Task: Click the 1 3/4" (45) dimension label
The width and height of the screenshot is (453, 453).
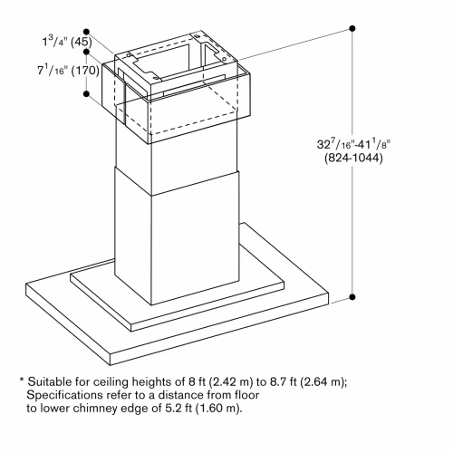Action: coord(67,41)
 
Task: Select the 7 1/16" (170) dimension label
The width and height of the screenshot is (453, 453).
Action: coord(68,70)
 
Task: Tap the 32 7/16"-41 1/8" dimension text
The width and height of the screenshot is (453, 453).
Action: coord(353,144)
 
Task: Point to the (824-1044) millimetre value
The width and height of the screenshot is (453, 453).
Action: coord(353,158)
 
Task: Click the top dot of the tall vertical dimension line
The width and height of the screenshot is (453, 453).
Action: coord(352,28)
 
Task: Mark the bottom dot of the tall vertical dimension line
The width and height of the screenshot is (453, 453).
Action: coord(352,297)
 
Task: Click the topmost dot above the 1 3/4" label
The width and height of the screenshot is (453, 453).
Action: coord(87,32)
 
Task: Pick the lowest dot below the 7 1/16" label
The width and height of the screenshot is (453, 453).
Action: coord(86,93)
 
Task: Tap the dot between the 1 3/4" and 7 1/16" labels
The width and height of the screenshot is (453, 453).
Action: coord(86,52)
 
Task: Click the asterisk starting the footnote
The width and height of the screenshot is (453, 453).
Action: coord(22,380)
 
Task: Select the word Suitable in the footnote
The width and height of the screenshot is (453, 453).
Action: coord(50,381)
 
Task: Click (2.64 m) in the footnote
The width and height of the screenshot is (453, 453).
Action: coord(323,382)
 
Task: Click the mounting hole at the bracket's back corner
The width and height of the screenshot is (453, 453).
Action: coord(197,36)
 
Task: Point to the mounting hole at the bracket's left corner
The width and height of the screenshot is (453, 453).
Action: coord(130,55)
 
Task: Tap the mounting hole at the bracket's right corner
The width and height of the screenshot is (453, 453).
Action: coord(224,58)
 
